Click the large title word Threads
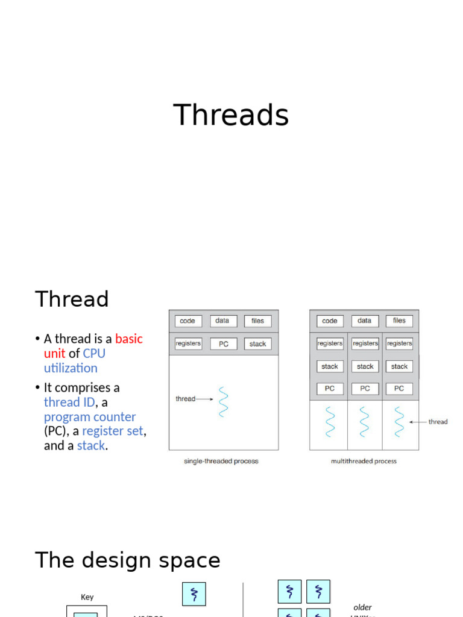point(231,115)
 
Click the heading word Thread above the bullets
point(72,299)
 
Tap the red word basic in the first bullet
point(129,339)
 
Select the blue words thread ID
point(69,402)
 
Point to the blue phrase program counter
point(90,417)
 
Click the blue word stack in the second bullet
point(91,446)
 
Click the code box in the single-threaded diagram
point(187,321)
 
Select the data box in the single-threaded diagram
point(222,321)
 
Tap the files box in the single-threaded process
point(257,321)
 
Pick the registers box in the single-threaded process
point(188,343)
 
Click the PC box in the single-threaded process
point(223,344)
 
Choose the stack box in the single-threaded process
point(257,344)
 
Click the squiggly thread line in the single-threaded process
point(223,401)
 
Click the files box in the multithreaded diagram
point(399,321)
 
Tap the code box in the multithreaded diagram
point(329,321)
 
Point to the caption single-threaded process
point(221,461)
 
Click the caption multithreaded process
point(364,461)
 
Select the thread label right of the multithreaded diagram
point(438,422)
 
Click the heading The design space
point(128,560)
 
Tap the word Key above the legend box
point(87,597)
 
